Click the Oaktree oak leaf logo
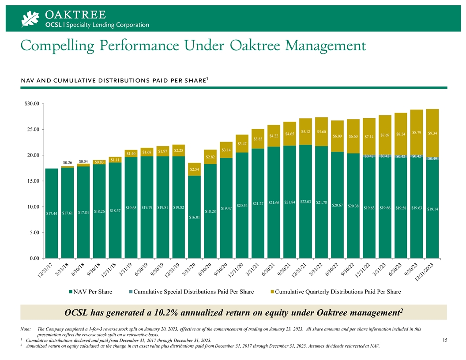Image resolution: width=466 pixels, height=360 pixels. (31, 19)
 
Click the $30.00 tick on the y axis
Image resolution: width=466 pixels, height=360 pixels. (30, 104)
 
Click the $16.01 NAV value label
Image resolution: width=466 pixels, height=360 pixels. (194, 217)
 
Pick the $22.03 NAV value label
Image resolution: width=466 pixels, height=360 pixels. (305, 202)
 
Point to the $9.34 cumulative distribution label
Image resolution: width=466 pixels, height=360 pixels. (433, 133)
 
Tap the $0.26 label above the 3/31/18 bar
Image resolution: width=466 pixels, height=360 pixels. (68, 163)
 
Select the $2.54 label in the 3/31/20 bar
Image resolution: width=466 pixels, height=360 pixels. (194, 169)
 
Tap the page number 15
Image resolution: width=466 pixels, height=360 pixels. (445, 340)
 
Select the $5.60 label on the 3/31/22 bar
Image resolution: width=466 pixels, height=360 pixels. (321, 131)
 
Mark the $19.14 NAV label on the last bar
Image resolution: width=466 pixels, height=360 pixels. (433, 209)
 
